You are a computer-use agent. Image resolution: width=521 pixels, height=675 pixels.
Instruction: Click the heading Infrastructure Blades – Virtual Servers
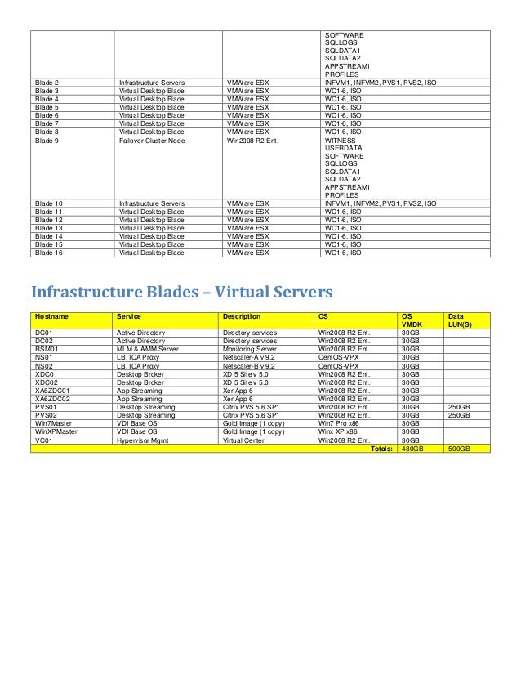[x=180, y=292]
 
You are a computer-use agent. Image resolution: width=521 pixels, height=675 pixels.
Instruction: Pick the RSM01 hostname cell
[x=47, y=349]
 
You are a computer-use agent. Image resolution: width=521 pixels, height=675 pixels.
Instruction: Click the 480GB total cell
[x=412, y=448]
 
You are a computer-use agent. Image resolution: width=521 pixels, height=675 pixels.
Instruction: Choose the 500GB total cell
[x=460, y=448]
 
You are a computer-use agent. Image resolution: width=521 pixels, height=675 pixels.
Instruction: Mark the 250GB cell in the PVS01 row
[x=460, y=407]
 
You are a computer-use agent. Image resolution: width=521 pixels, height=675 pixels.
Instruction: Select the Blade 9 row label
[x=47, y=141]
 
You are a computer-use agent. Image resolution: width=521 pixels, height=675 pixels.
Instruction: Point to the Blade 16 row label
[x=50, y=253]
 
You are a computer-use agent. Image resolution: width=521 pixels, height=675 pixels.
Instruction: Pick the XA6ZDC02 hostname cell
[x=53, y=399]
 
